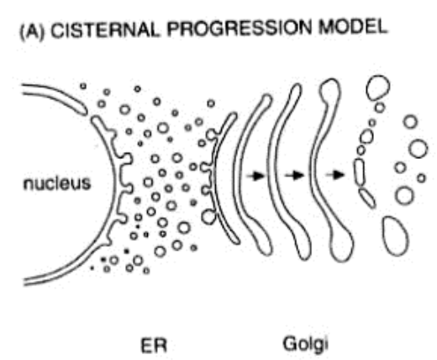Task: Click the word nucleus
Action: pos(57,183)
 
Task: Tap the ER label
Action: pos(154,345)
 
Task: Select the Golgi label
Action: pos(306,344)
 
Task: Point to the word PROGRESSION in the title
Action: pos(240,29)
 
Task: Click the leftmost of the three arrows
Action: pos(255,176)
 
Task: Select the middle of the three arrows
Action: pos(294,176)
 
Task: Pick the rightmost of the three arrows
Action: pos(334,175)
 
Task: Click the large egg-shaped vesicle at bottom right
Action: pos(395,236)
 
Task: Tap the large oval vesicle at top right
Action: pos(378,87)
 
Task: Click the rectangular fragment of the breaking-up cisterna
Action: pos(360,172)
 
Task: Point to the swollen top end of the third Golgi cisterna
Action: pos(330,90)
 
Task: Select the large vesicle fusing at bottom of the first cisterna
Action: pos(208,217)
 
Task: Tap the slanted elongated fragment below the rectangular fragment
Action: pos(367,199)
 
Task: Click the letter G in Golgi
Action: pos(289,343)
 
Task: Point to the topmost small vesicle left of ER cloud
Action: pos(83,86)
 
